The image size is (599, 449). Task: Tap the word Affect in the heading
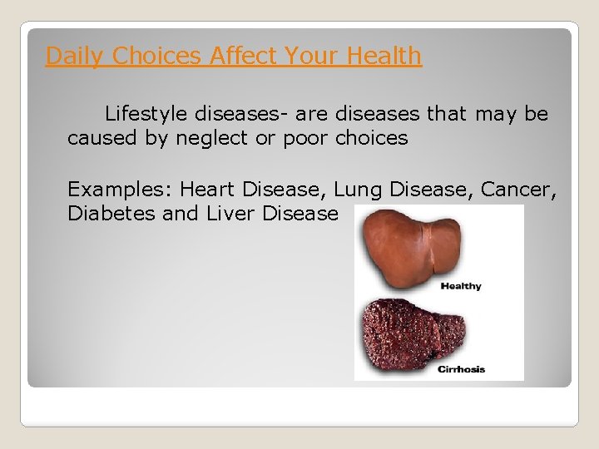point(244,56)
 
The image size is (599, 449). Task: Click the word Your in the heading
point(312,56)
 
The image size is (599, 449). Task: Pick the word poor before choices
point(306,138)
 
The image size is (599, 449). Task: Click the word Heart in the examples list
point(208,189)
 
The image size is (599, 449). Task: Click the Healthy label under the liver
point(460,286)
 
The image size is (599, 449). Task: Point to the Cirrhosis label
point(461,368)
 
